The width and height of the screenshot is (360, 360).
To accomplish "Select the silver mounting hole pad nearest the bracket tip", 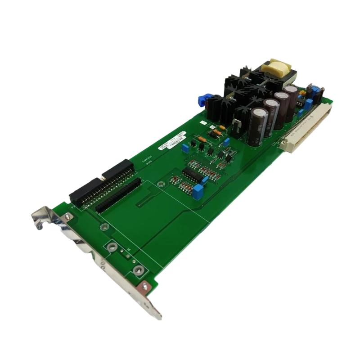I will click(137, 270).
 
